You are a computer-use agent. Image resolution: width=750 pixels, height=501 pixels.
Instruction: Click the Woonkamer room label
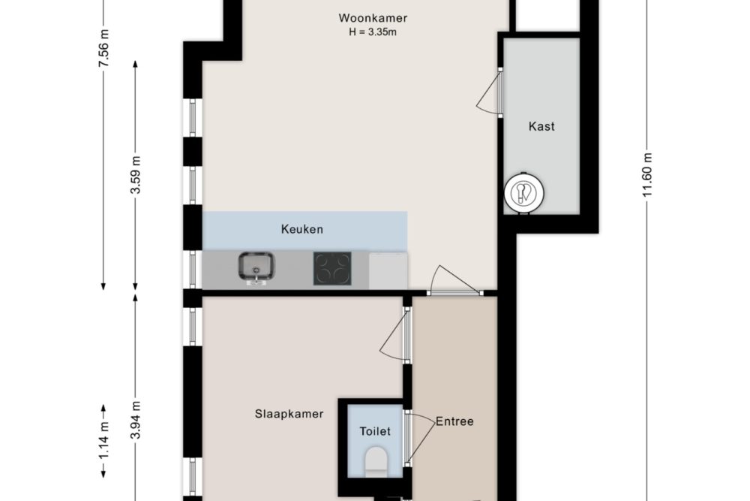[373, 18]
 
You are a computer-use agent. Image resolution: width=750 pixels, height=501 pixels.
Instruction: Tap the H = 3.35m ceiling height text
[373, 32]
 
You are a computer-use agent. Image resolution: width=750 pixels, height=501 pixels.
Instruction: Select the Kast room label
[541, 126]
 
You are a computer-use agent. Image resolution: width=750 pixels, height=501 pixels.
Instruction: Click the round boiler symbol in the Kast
[523, 193]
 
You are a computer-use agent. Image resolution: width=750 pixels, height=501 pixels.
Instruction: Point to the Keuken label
[301, 229]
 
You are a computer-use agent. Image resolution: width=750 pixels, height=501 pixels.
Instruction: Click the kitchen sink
[256, 267]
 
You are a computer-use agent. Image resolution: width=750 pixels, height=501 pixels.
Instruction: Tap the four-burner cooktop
[332, 268]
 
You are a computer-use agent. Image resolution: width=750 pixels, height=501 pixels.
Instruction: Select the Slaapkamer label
[289, 414]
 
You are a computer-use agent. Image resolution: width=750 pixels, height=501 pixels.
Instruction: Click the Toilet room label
[375, 432]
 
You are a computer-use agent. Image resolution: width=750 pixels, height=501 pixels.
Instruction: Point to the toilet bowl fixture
[376, 462]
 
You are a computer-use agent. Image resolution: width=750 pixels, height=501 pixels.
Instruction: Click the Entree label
[454, 421]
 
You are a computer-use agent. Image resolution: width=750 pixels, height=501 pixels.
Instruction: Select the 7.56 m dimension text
[103, 48]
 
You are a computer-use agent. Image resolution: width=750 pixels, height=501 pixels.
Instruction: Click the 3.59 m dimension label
[136, 175]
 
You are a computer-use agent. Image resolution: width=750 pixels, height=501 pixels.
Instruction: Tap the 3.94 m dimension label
[136, 420]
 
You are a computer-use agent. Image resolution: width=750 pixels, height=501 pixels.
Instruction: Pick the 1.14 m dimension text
[103, 440]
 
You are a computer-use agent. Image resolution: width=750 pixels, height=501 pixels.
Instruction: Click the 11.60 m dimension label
[647, 175]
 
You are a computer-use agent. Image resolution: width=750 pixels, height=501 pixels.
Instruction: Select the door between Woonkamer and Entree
[454, 279]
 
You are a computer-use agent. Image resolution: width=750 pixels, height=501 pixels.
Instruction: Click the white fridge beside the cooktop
[388, 271]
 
